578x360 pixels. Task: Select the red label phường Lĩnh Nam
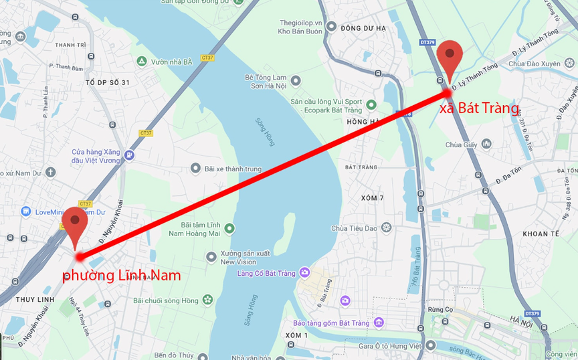tap(121, 275)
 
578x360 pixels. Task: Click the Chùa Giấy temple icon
tap(486, 144)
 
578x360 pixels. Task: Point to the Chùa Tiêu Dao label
tap(354, 228)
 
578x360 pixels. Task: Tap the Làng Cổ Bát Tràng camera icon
tap(305, 272)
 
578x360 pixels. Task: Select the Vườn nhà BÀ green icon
tap(141, 62)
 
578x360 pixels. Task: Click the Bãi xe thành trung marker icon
tap(195, 169)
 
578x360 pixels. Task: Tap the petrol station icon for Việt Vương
tap(129, 155)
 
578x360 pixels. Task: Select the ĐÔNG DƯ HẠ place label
tap(363, 28)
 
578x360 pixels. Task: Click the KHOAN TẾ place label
tap(540, 234)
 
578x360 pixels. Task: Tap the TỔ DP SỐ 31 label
tap(107, 82)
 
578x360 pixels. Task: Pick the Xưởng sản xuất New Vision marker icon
tap(212, 256)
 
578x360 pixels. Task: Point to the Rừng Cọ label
tap(441, 309)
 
